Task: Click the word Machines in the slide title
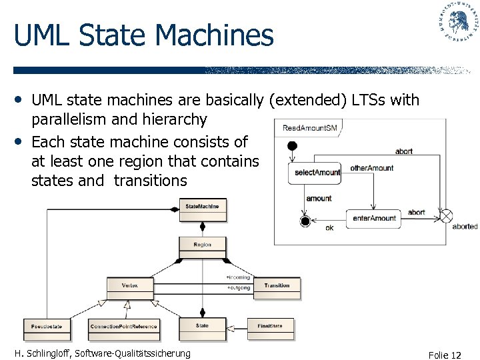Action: tap(213, 35)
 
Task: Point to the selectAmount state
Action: tap(317, 173)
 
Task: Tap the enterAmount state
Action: tap(374, 219)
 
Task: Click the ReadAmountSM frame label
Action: tap(309, 128)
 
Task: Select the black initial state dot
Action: tap(291, 146)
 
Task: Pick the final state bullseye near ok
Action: tap(305, 221)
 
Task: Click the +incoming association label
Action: tap(238, 277)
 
